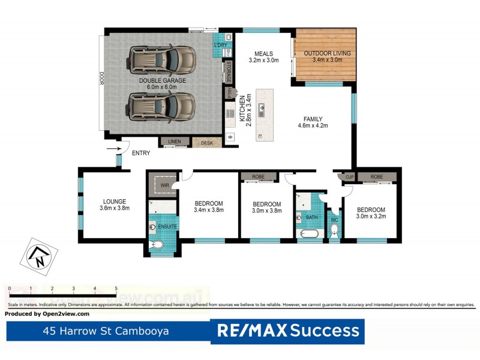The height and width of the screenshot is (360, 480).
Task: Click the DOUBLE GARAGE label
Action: click(163, 80)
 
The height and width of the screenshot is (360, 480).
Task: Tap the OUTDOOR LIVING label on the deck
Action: click(327, 53)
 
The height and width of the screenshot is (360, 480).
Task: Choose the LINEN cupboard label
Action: click(174, 142)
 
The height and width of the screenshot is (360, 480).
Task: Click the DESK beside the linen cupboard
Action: click(207, 143)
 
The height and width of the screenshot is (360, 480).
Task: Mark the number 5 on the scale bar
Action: click(116, 289)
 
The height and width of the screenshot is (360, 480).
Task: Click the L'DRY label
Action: click(220, 45)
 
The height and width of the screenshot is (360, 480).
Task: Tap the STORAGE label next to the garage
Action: click(228, 72)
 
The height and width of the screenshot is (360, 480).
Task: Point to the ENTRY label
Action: click(141, 153)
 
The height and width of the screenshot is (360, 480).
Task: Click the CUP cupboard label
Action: click(349, 177)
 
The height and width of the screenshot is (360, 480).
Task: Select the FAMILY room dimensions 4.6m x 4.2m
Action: click(313, 126)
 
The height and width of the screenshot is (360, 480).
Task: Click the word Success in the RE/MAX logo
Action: click(325, 331)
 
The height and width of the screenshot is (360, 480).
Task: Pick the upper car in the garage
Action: click(162, 59)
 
